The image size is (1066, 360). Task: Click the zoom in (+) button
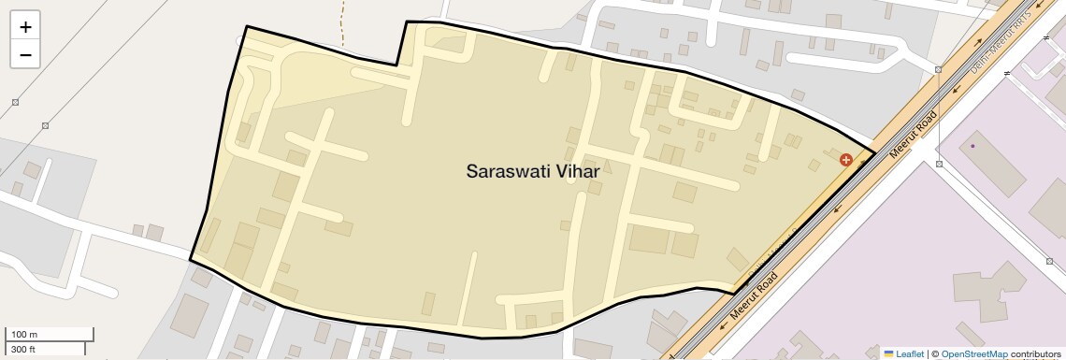25,27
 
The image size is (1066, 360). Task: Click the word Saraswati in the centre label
510,171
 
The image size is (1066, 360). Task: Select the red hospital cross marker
846,160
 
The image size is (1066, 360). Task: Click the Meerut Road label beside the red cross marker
914,135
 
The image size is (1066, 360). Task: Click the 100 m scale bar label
25,335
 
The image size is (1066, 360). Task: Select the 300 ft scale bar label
23,350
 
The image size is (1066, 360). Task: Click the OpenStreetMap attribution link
973,353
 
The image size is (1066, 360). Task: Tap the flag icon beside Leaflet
888,353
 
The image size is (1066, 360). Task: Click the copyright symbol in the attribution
934,353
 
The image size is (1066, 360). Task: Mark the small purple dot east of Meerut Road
972,146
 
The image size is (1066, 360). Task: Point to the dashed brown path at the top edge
342,23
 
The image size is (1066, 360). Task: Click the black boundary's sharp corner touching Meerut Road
875,152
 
